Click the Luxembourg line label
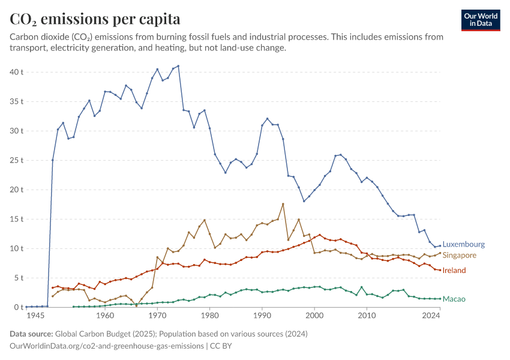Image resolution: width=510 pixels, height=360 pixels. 463,244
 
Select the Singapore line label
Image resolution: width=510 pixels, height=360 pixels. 459,255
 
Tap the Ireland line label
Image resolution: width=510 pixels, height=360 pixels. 454,270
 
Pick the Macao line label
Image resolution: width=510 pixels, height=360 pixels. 454,299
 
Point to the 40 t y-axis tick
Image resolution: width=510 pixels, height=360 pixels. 16,72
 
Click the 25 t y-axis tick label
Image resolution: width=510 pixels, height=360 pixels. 16,160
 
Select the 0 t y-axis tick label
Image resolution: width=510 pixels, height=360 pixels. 19,307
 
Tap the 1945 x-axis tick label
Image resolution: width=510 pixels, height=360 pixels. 35,316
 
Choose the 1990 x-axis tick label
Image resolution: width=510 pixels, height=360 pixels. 262,316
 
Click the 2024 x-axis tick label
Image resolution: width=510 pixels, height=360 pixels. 431,316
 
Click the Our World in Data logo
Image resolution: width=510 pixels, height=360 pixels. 481,20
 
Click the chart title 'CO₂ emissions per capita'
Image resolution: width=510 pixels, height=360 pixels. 95,19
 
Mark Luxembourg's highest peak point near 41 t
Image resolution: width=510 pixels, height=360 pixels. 178,66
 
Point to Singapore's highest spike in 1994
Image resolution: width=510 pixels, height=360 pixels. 283,204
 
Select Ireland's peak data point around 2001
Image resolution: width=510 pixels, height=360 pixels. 320,235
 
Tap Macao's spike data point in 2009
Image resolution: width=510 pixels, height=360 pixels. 362,287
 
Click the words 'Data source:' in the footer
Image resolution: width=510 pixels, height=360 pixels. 31,334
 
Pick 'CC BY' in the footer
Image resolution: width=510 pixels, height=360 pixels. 221,346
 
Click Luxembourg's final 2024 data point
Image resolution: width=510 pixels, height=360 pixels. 440,246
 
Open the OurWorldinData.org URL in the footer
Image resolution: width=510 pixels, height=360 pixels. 107,346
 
